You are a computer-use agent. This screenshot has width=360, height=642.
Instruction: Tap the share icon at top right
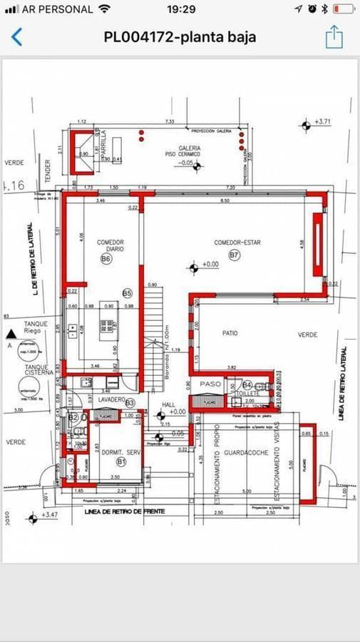pos(334,37)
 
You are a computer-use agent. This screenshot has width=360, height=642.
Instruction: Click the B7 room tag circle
pos(234,255)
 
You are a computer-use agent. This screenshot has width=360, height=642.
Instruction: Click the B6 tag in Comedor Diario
pos(106,260)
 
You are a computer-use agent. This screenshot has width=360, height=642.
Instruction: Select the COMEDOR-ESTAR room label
pos(237,243)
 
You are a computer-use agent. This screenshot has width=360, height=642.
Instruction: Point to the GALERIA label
pos(190,149)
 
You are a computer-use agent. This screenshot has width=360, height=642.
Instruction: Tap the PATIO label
pos(229,333)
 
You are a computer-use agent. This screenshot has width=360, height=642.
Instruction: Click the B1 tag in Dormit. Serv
pos(121,462)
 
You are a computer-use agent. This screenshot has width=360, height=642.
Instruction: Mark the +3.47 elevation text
pos(49,514)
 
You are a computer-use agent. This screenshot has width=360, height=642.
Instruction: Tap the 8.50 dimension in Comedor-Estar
pos(225,202)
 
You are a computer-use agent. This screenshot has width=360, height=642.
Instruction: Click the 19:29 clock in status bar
pos(181,9)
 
